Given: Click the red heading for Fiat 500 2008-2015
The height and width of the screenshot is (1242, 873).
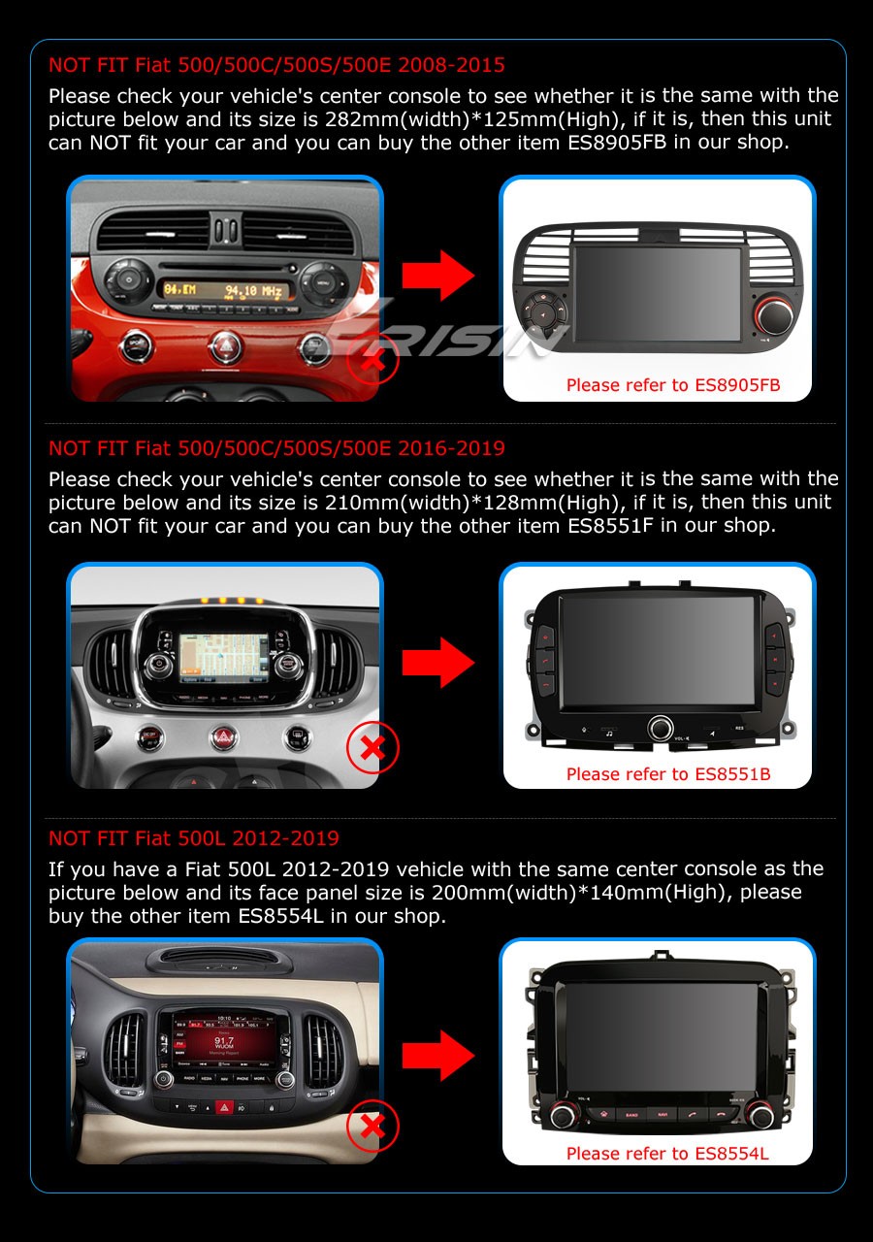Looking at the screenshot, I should pyautogui.click(x=276, y=66).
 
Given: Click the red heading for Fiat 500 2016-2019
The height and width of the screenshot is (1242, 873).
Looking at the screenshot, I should pyautogui.click(x=276, y=448).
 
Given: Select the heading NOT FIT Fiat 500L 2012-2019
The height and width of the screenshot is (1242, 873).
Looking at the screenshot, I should pyautogui.click(x=194, y=838).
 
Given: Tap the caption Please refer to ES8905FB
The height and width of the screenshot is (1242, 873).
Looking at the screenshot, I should pyautogui.click(x=672, y=385).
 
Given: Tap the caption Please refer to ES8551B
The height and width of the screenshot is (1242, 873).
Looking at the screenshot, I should pyautogui.click(x=668, y=774).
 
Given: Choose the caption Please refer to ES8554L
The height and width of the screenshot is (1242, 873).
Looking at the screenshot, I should pyautogui.click(x=667, y=1154).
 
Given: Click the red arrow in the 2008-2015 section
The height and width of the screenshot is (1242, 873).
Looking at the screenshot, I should pyautogui.click(x=438, y=276).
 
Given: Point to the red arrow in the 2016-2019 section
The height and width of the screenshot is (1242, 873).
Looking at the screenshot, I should pyautogui.click(x=438, y=663).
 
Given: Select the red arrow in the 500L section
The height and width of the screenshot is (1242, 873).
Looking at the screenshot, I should pyautogui.click(x=438, y=1055).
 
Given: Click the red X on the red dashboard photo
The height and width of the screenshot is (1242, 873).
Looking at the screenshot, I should pyautogui.click(x=372, y=363).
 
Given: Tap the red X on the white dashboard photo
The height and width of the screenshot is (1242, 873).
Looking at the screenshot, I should pyautogui.click(x=372, y=747).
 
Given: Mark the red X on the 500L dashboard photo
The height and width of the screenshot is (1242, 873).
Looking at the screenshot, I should pyautogui.click(x=372, y=1127).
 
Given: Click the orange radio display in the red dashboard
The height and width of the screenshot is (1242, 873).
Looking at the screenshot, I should pyautogui.click(x=223, y=290).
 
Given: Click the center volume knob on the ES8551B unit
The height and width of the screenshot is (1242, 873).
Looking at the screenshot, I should pyautogui.click(x=662, y=727).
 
